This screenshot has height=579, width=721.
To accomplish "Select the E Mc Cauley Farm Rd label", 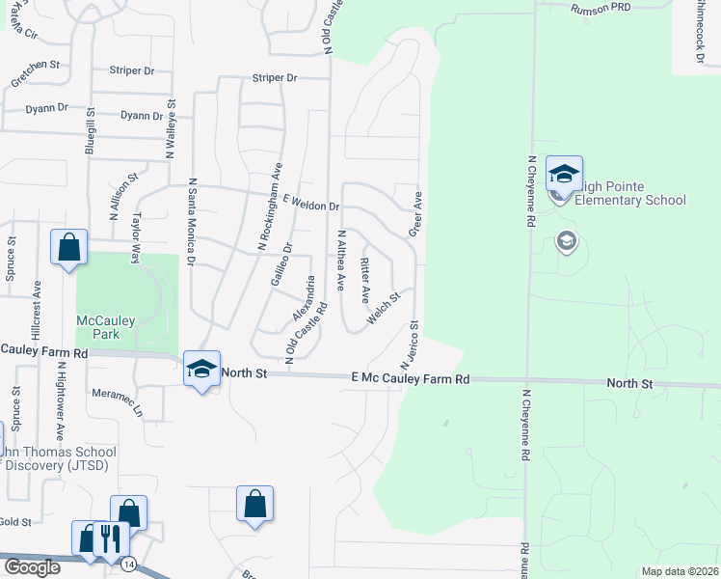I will pos(410,380).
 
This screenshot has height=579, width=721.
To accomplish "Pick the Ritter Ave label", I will pos(364,277).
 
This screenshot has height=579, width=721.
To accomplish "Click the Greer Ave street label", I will pos(416,212).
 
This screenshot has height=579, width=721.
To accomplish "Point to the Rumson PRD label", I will pos(600,9).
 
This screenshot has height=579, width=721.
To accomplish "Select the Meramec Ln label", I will pos(118,402).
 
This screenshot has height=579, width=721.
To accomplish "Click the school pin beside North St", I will pos(201,369).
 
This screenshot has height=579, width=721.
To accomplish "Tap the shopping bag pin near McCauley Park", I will pos(69,248).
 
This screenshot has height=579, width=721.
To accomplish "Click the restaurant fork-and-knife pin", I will pos(112,538).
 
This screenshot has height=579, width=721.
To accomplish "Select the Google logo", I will pos(31,567).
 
